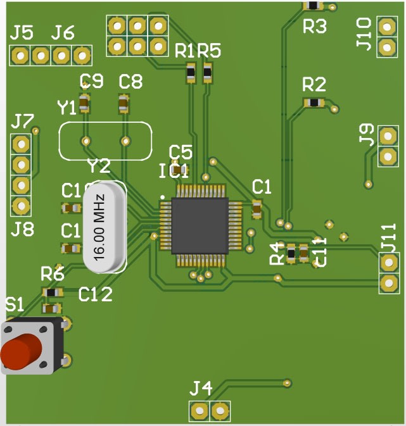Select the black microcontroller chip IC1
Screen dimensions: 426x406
click(x=199, y=225)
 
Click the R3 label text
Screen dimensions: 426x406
click(x=314, y=27)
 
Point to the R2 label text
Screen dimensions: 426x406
click(x=314, y=84)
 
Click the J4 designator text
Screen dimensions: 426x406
click(x=202, y=387)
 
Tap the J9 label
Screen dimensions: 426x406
click(x=366, y=135)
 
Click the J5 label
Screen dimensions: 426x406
click(x=22, y=32)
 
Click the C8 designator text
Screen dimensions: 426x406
click(x=130, y=81)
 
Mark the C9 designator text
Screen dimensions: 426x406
click(x=91, y=81)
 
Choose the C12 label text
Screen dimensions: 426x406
click(x=95, y=294)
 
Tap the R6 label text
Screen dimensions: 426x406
click(x=53, y=274)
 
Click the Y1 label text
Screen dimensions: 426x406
click(x=67, y=108)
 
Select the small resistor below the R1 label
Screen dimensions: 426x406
click(x=191, y=75)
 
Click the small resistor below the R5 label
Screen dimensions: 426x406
click(x=207, y=74)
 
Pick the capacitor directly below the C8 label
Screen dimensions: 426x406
click(x=124, y=103)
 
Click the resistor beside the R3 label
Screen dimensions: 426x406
click(x=313, y=6)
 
